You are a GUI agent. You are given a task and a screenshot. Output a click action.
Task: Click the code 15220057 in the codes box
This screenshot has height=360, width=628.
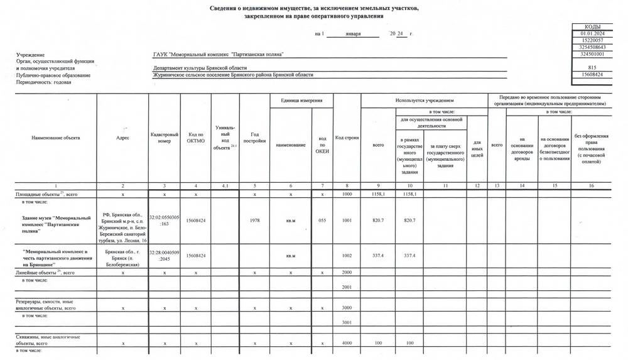[592, 40]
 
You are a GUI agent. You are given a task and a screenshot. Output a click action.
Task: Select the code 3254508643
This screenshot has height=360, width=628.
[592, 47]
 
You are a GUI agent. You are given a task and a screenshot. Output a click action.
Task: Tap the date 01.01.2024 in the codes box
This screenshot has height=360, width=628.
[592, 33]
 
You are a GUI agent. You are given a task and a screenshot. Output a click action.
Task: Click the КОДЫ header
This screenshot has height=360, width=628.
[592, 26]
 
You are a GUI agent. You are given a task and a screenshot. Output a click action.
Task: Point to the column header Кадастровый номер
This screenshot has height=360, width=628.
[165, 138]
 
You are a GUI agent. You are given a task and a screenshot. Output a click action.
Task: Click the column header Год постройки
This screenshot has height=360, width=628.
[254, 138]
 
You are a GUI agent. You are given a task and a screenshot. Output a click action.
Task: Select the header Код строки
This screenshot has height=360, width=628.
[347, 138]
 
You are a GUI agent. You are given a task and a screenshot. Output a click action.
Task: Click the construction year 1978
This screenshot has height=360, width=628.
[254, 221]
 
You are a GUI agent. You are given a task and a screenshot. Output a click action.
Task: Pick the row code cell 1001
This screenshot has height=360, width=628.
[347, 221]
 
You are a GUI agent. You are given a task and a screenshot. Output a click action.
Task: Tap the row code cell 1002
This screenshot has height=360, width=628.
[347, 256]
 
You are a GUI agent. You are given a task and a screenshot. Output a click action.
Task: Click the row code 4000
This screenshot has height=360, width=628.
[347, 343]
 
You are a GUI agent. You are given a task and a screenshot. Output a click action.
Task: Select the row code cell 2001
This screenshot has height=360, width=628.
[347, 286]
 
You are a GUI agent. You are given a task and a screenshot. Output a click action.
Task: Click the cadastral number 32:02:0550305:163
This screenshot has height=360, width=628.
[165, 221]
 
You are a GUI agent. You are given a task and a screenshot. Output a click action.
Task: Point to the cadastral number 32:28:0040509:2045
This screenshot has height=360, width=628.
[165, 256]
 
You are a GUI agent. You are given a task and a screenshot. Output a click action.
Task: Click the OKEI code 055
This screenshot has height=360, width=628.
[322, 221]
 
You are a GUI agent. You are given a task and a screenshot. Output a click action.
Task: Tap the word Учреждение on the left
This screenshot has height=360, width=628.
[31, 55]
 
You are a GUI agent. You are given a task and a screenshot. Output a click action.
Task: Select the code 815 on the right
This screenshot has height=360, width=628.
[592, 67]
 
